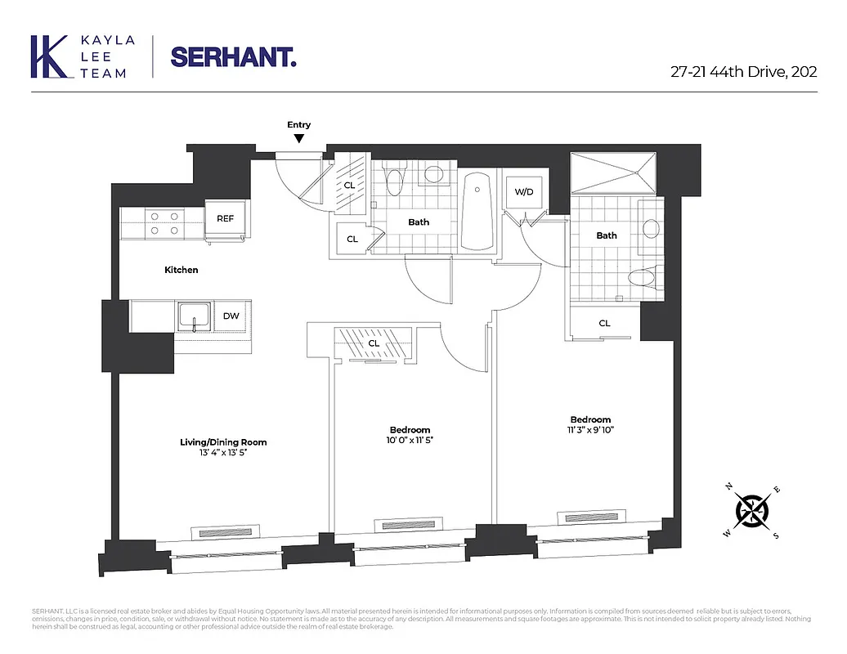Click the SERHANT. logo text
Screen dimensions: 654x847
[233, 56]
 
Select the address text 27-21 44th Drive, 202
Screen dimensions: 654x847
[742, 71]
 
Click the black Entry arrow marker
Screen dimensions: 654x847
[299, 139]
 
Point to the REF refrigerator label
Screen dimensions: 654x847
[225, 218]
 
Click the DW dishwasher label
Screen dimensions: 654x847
[231, 316]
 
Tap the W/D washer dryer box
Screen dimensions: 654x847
[523, 192]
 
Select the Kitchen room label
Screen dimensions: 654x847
[181, 270]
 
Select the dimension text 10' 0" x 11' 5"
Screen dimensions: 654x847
[410, 440]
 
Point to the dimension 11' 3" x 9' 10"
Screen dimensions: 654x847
[590, 430]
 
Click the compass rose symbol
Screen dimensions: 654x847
[752, 512]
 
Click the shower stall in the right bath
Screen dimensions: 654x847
[615, 172]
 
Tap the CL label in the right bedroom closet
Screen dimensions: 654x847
[604, 323]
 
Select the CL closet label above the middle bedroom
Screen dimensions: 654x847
[374, 343]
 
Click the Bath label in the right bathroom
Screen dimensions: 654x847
[606, 235]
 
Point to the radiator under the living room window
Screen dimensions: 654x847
[223, 532]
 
